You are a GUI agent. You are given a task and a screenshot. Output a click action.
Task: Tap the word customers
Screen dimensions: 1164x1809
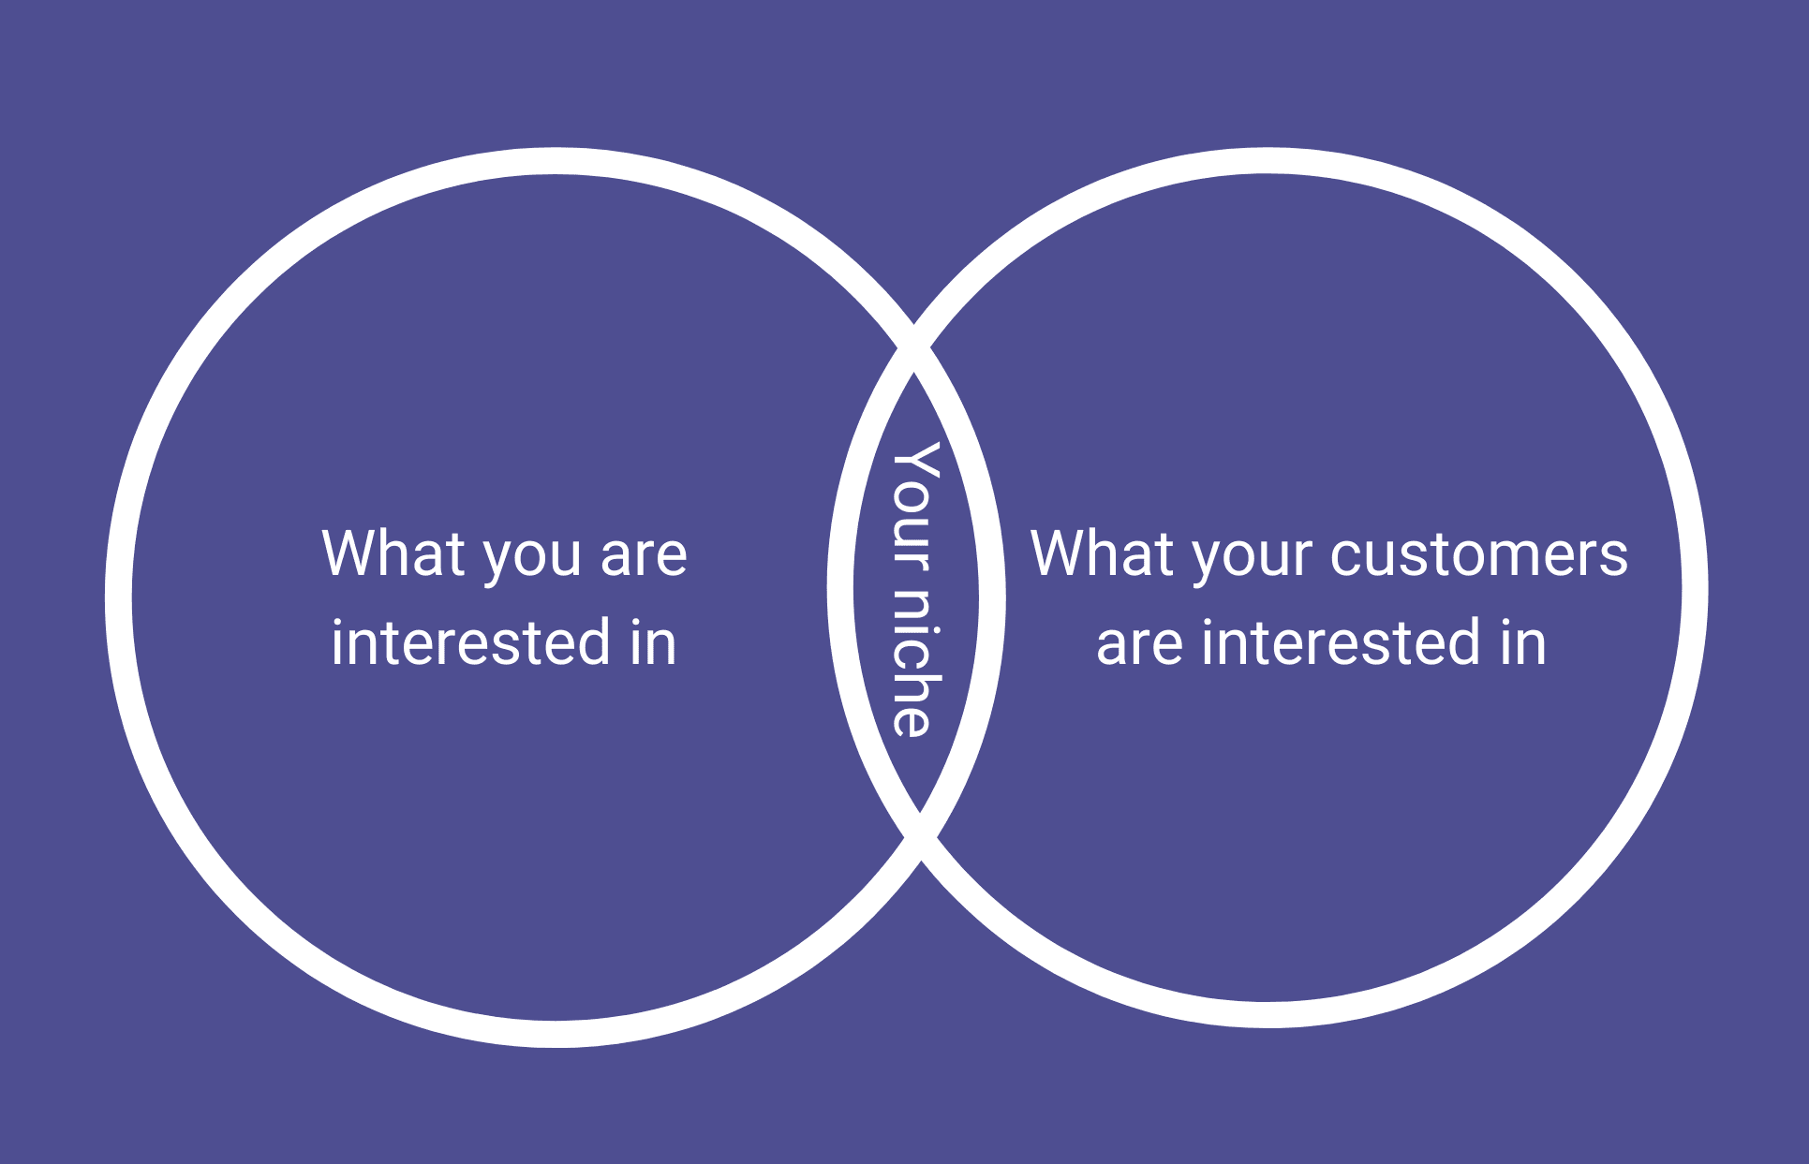(1479, 554)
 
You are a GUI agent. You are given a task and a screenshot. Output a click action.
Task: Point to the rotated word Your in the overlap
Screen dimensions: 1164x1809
(915, 506)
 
